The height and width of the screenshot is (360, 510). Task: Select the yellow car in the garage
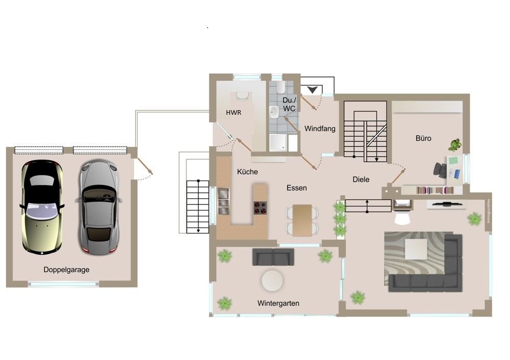click(42, 206)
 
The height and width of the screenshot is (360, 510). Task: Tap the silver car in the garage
click(98, 207)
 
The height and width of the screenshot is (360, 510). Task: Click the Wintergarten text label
click(278, 303)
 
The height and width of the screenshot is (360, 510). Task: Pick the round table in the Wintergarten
click(272, 280)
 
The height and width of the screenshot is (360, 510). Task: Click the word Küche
click(247, 172)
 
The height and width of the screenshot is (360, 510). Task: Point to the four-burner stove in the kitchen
click(260, 208)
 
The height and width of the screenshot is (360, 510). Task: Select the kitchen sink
click(223, 200)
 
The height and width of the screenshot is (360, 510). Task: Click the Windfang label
click(320, 128)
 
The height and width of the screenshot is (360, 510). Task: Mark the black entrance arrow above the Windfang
click(312, 90)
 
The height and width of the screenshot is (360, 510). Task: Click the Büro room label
click(423, 138)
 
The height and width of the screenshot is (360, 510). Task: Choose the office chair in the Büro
click(440, 170)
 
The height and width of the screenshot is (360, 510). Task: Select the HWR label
click(233, 112)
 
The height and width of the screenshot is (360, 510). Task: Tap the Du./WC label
click(289, 105)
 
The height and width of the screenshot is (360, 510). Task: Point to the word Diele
click(361, 179)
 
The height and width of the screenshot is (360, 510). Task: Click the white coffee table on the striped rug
click(416, 249)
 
